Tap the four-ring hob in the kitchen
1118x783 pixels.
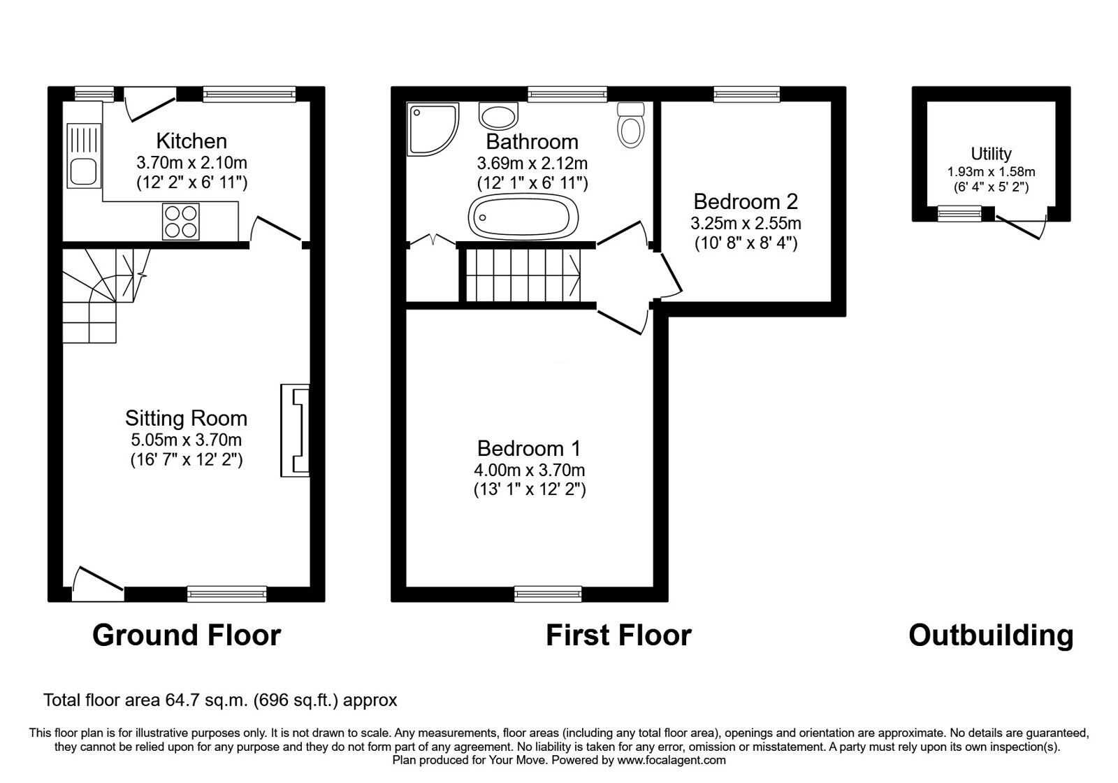[x=180, y=221]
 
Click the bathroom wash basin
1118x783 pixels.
[x=498, y=115]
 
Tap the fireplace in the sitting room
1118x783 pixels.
[x=296, y=430]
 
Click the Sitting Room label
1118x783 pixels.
[x=186, y=418]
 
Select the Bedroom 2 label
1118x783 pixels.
[x=746, y=201]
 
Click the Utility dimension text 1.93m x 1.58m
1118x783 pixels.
[x=991, y=171]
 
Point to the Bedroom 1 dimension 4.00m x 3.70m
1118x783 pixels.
[x=529, y=470]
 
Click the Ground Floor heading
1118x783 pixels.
[x=187, y=635]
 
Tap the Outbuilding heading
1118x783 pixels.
[x=991, y=635]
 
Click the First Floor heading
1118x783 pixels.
[x=618, y=635]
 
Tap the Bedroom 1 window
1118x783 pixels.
[x=548, y=594]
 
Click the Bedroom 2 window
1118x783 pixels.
[x=746, y=94]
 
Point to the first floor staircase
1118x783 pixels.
[x=521, y=275]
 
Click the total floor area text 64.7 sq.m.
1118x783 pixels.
[x=220, y=700]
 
